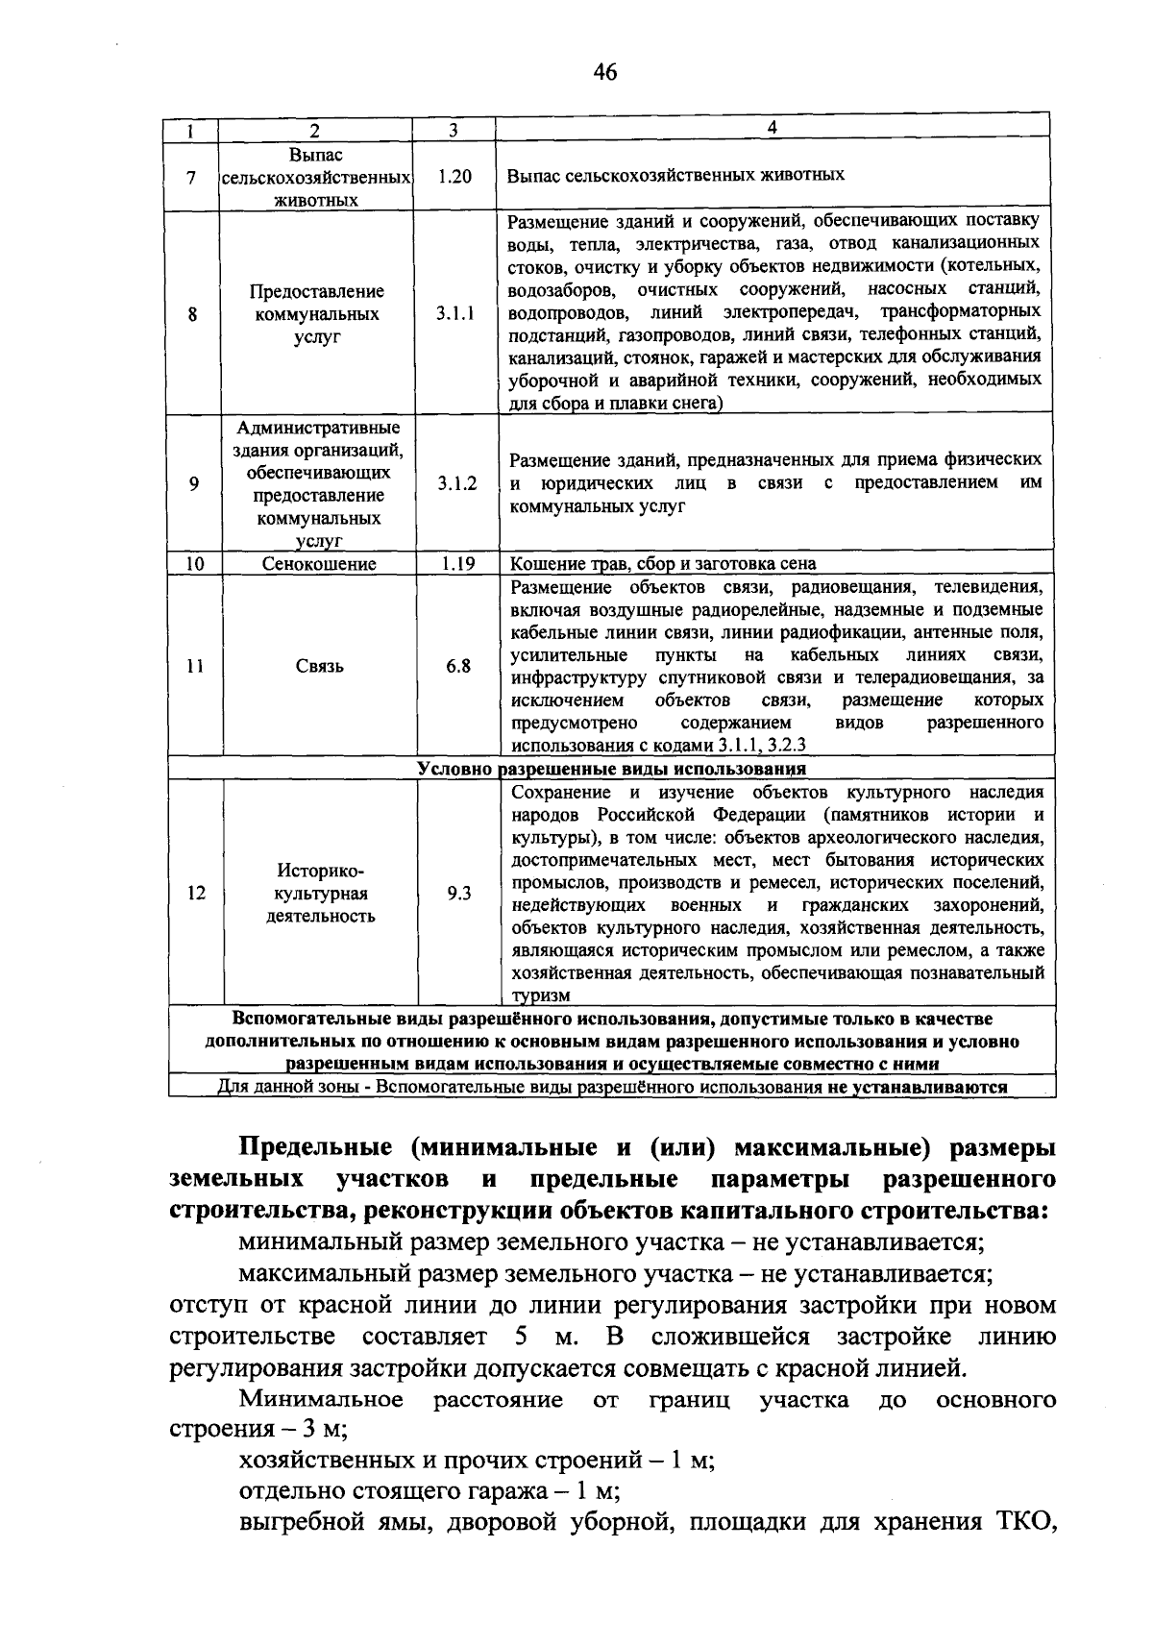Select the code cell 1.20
coord(454,177)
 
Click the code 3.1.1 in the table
coord(455,314)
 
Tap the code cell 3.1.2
coord(457,484)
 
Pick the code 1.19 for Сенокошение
coord(458,564)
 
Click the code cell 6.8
coord(458,666)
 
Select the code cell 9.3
coord(459,894)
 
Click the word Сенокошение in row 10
coord(319,564)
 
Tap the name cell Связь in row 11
coord(320,666)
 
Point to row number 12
coord(196,894)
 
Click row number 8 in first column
coord(193,314)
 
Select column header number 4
coord(772,128)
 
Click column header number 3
coord(454,130)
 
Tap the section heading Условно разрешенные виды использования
coord(612,770)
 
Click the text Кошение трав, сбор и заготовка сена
coord(663,564)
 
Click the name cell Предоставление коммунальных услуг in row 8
coord(317,314)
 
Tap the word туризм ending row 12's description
coord(541,996)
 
